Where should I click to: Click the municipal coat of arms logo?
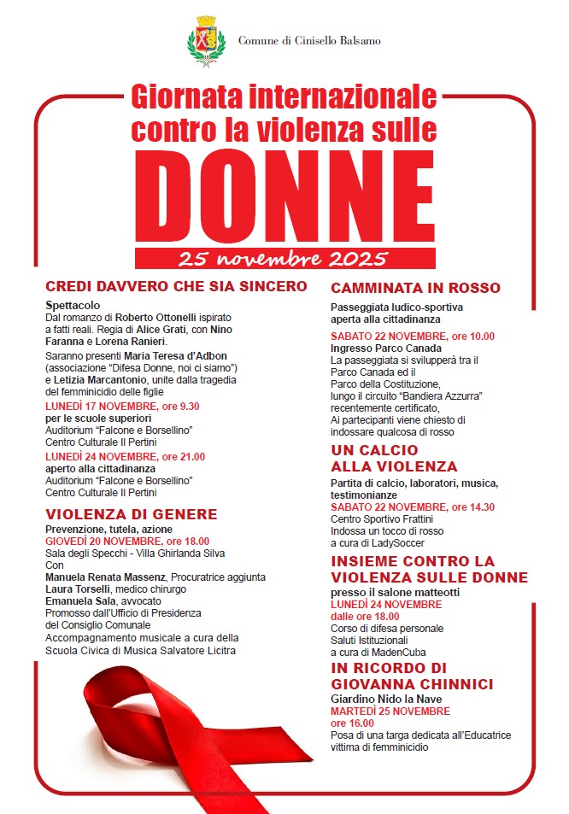tap(206, 39)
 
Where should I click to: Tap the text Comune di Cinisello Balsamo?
tap(309, 40)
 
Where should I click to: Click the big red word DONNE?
tap(284, 201)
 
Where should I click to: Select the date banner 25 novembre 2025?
tap(284, 258)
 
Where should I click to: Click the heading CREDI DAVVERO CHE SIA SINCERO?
tap(176, 285)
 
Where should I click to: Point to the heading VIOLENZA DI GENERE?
tap(132, 514)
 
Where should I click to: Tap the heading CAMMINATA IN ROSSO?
tap(415, 288)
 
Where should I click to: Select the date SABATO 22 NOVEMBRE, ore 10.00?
tap(413, 336)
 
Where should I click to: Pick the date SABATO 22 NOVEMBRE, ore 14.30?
tap(413, 507)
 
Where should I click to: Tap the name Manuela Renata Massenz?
tap(107, 577)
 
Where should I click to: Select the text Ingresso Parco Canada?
tap(386, 348)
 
